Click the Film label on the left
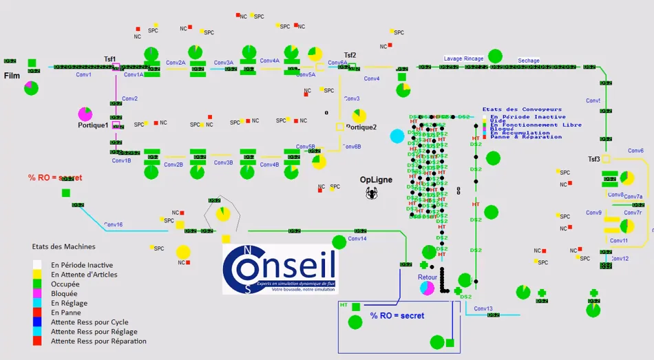pyautogui.click(x=12, y=75)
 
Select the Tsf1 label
pyautogui.click(x=110, y=59)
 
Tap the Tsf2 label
pyautogui.click(x=350, y=56)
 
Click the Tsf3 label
pyautogui.click(x=593, y=159)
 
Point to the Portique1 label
pyautogui.click(x=93, y=125)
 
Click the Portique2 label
pyautogui.click(x=361, y=127)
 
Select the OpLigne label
pyautogui.click(x=376, y=180)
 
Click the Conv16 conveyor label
pyautogui.click(x=114, y=225)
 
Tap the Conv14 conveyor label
pyautogui.click(x=357, y=239)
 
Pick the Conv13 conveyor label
pyautogui.click(x=483, y=308)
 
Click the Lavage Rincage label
pyautogui.click(x=463, y=59)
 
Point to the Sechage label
pyautogui.click(x=529, y=61)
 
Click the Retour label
pyautogui.click(x=428, y=277)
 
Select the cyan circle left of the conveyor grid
pyautogui.click(x=397, y=136)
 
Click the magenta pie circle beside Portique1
pyautogui.click(x=85, y=114)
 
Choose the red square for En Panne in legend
pyautogui.click(x=37, y=313)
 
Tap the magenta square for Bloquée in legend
pyautogui.click(x=37, y=293)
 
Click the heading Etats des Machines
pyautogui.click(x=63, y=246)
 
